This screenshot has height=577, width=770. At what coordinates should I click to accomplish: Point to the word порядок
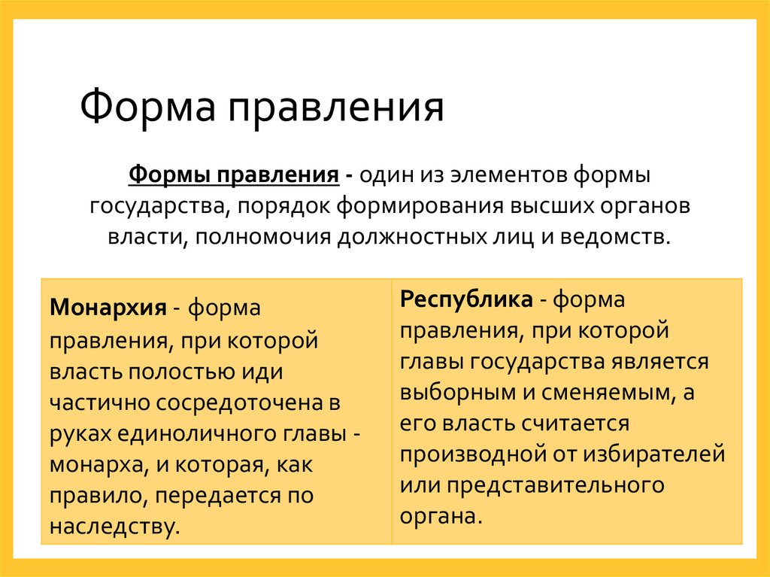293,206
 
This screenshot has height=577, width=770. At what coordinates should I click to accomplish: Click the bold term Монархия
108,308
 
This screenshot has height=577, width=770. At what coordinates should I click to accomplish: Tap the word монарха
95,464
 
